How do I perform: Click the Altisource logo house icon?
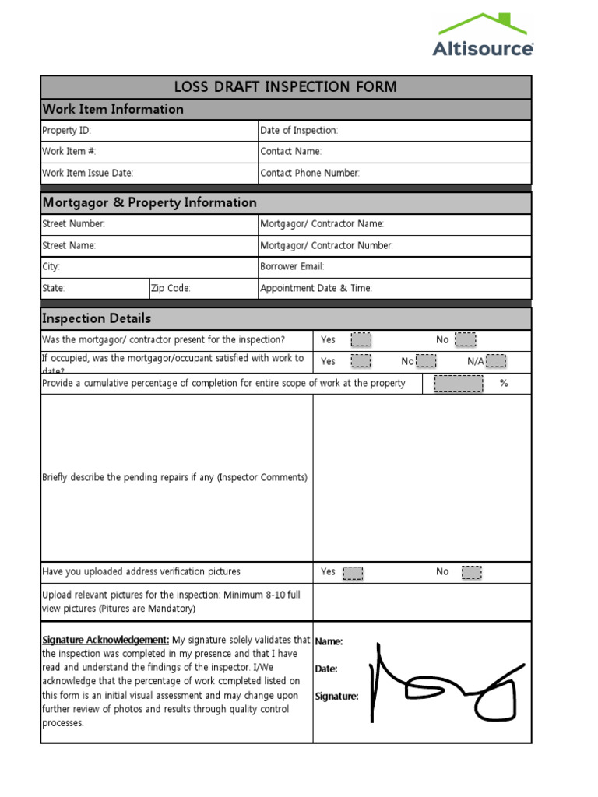[x=483, y=23]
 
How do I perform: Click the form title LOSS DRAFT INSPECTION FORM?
[x=285, y=87]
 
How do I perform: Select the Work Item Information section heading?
[x=113, y=109]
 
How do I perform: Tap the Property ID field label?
[x=66, y=131]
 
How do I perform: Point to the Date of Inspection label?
[x=299, y=131]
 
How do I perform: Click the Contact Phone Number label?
[x=310, y=173]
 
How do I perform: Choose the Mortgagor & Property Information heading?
[x=149, y=202]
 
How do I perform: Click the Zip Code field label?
[x=171, y=288]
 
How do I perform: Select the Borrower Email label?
[x=292, y=266]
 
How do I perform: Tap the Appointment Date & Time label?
[x=316, y=288]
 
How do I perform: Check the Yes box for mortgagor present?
[x=361, y=340]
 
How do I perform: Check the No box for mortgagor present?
[x=465, y=340]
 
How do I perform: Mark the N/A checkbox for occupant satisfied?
[x=496, y=361]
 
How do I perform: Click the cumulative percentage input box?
[x=458, y=383]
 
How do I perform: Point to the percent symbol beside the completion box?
[x=504, y=383]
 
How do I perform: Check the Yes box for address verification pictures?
[x=353, y=573]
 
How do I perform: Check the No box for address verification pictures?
[x=471, y=573]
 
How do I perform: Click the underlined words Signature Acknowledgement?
[x=105, y=640]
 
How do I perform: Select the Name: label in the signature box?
[x=329, y=641]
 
